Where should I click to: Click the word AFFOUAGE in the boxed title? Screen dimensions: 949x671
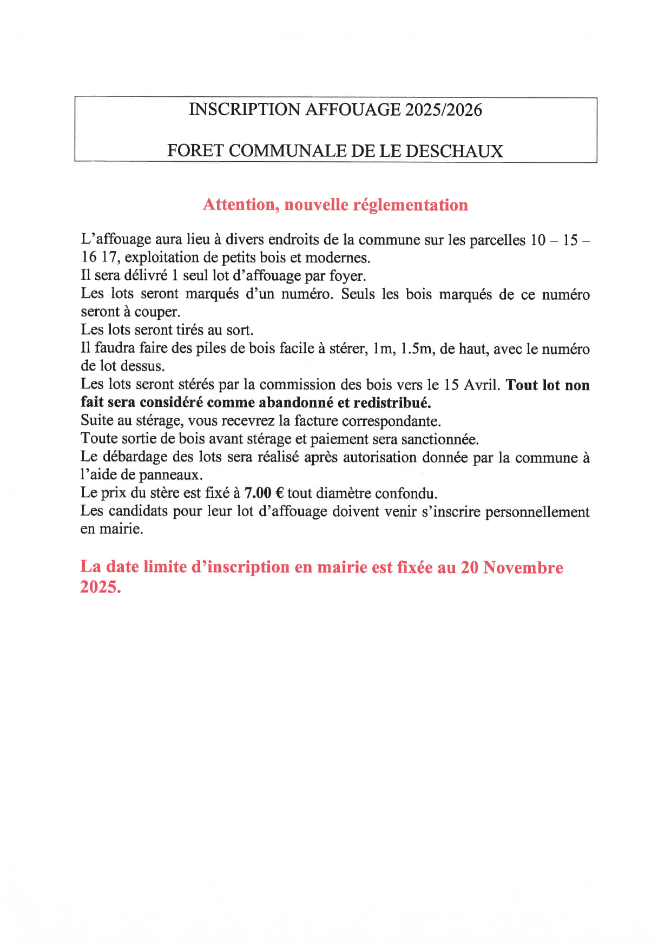pos(353,110)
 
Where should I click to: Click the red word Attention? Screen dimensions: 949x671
pos(241,205)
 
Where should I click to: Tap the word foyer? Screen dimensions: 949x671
pos(347,276)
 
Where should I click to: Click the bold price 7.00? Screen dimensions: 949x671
pos(258,493)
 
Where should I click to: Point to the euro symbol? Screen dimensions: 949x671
pos(279,493)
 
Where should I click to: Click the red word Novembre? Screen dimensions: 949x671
pos(523,567)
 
